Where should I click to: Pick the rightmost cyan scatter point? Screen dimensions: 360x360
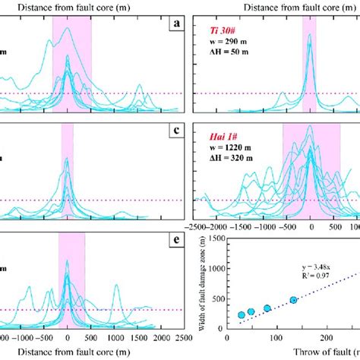[x=294, y=300]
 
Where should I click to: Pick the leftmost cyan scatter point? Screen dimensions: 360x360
[x=242, y=314]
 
